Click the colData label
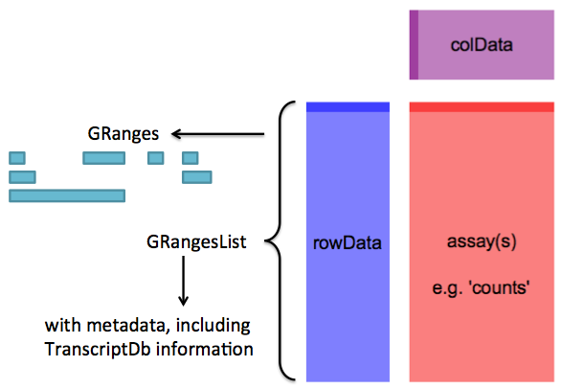click(x=482, y=45)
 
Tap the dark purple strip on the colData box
click(x=414, y=45)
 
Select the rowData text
click(x=348, y=242)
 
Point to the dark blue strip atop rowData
click(x=348, y=107)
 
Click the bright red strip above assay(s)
click(x=482, y=107)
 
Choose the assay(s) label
click(x=482, y=241)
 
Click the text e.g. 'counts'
click(x=481, y=287)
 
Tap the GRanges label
click(x=123, y=134)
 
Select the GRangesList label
click(x=196, y=242)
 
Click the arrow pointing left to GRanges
click(x=218, y=134)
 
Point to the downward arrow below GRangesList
click(x=184, y=281)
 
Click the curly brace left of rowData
click(x=280, y=240)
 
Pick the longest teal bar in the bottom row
click(x=67, y=195)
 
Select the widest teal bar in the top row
click(x=104, y=158)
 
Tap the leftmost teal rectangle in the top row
click(x=17, y=158)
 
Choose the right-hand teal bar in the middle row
click(x=197, y=177)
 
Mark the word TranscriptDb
click(x=98, y=350)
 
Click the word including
click(x=213, y=326)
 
